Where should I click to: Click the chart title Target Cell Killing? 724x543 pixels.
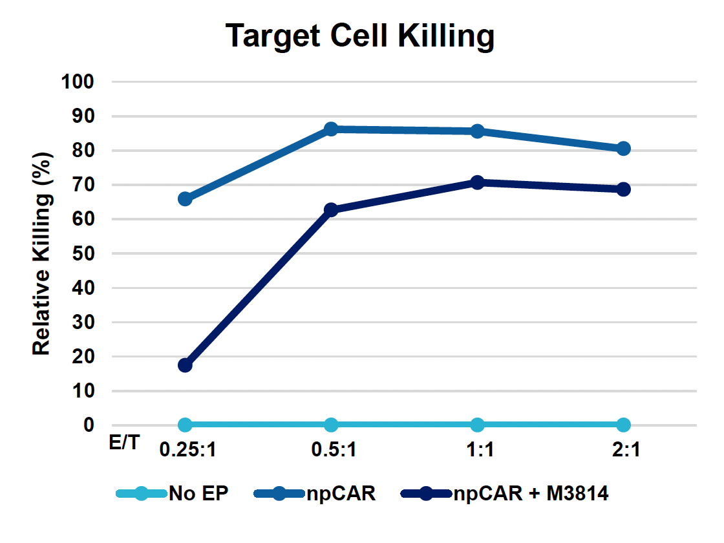pos(361,37)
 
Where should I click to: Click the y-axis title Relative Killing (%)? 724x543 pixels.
pos(41,253)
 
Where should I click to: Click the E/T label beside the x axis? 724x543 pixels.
pos(122,444)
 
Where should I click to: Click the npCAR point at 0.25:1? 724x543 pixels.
pos(185,198)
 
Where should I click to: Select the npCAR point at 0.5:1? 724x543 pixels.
pos(331,129)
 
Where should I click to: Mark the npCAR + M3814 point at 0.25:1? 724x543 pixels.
pos(185,365)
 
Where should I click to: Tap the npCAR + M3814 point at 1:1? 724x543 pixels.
pos(477,182)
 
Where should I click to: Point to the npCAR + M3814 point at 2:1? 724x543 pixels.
pos(623,189)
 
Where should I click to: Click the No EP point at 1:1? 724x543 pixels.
pos(477,425)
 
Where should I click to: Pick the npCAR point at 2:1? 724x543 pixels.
pos(623,149)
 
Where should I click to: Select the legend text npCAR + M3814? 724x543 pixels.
pos(531,495)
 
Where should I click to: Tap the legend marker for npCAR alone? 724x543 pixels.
pos(282,495)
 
